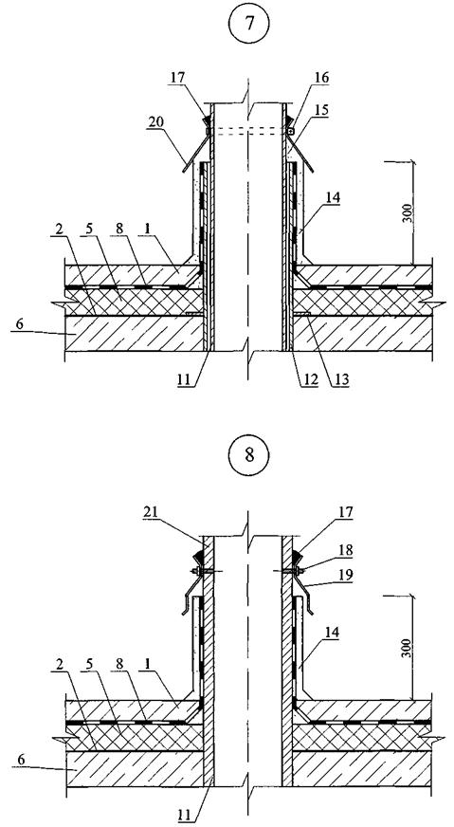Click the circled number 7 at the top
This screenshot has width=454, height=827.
pyautogui.click(x=248, y=24)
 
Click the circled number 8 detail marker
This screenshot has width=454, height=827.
pyautogui.click(x=248, y=454)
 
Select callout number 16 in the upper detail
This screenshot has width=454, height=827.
pyautogui.click(x=320, y=78)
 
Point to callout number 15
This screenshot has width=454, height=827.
pyautogui.click(x=320, y=111)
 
